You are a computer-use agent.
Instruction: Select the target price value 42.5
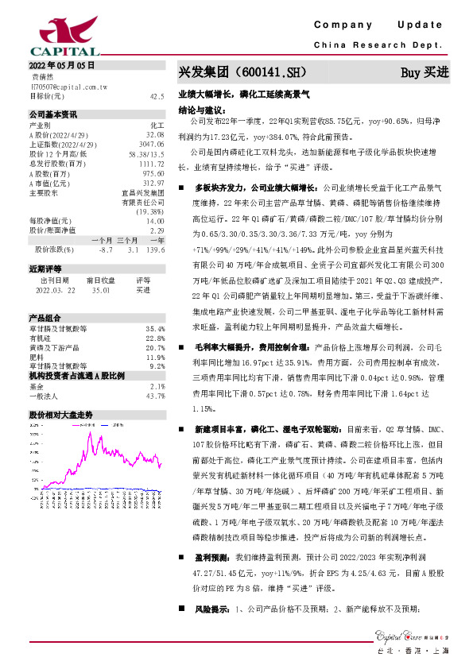pos(157,95)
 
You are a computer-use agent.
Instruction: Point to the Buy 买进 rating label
pos(425,72)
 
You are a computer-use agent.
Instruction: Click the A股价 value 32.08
pos(155,136)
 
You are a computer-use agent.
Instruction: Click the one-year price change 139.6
pos(155,249)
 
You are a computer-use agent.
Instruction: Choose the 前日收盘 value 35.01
pos(101,291)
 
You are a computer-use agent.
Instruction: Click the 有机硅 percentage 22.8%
pos(155,338)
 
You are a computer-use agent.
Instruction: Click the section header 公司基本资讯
pos(53,114)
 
